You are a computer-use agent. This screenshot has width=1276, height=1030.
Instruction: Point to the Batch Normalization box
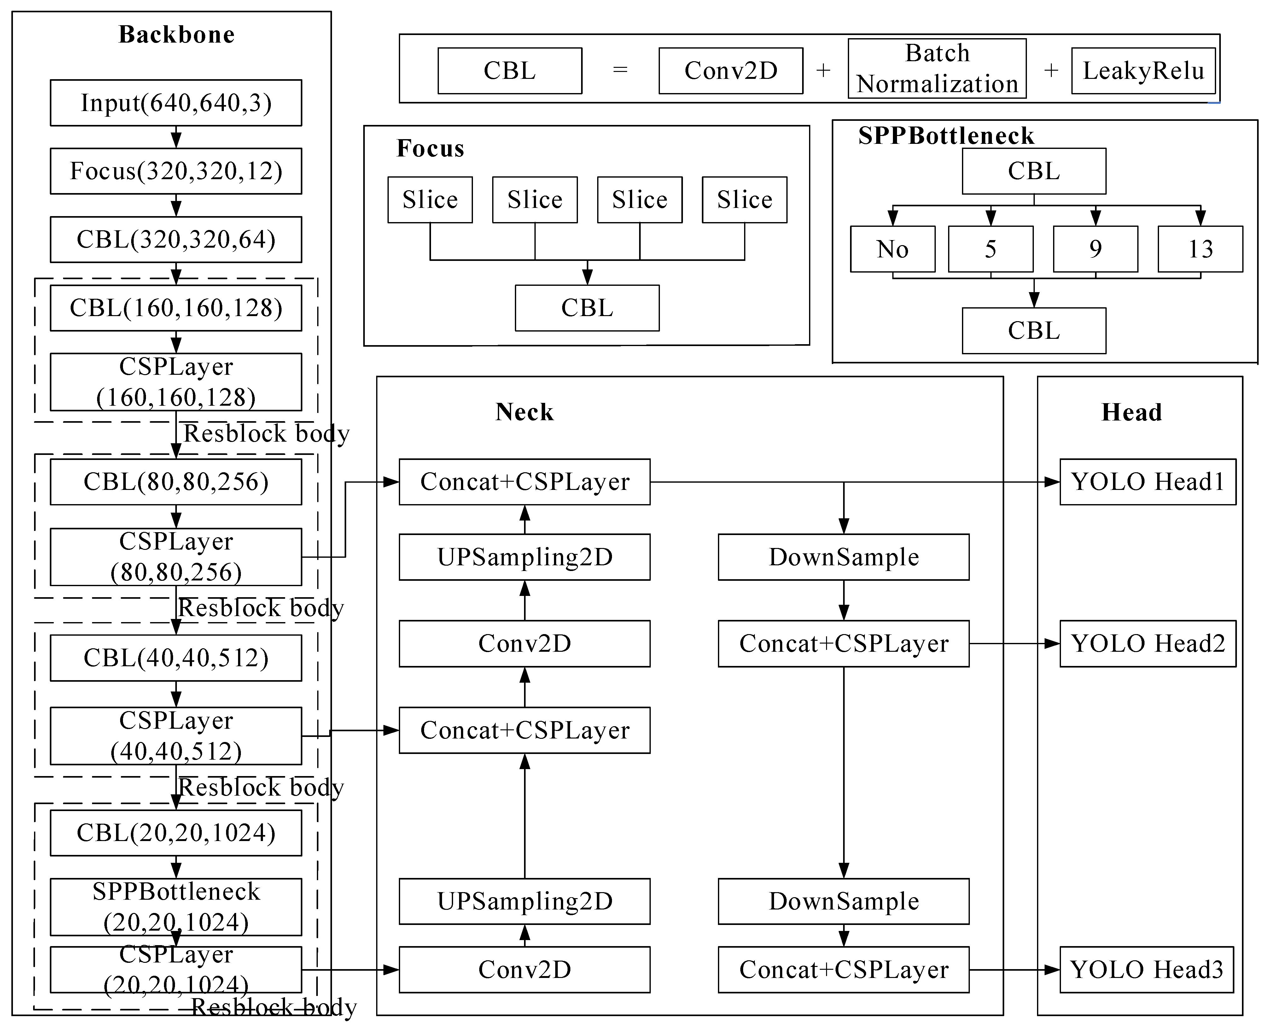click(x=937, y=68)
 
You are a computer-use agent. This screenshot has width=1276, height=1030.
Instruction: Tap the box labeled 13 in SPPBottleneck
click(x=1200, y=249)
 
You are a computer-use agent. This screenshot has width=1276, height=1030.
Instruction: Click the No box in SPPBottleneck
click(x=892, y=249)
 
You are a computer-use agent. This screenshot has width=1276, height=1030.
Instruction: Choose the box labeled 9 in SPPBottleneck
click(x=1095, y=249)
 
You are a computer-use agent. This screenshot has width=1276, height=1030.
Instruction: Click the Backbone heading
click(x=177, y=34)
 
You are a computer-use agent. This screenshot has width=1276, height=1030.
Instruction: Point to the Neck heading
click(x=524, y=412)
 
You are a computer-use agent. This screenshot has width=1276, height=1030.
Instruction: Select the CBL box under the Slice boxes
click(x=587, y=308)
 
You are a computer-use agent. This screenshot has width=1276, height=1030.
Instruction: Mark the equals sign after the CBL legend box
click(x=620, y=71)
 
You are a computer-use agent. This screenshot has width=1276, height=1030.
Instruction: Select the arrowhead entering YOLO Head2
click(x=1052, y=644)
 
